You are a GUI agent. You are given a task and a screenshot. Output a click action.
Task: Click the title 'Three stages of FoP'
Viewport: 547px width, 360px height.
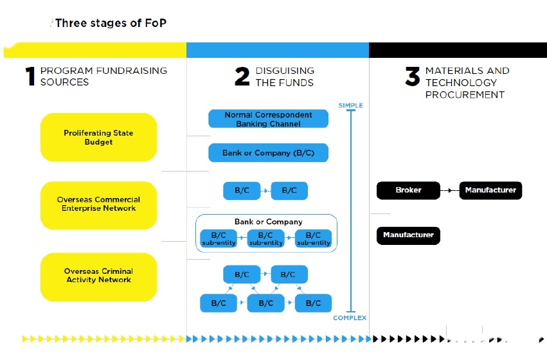tap(111, 23)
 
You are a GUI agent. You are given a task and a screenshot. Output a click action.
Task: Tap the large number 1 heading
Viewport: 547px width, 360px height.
tap(30, 76)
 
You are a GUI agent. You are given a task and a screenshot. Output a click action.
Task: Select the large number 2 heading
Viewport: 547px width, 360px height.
tap(242, 76)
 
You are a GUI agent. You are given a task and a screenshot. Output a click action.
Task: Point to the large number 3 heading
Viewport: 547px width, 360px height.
tap(412, 76)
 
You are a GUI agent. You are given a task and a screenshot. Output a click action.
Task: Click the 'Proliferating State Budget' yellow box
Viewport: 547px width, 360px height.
tap(98, 138)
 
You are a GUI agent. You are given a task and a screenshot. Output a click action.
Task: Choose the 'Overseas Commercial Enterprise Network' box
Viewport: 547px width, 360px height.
tap(98, 205)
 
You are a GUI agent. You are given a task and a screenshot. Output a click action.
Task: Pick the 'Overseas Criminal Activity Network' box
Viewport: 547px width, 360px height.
tap(98, 276)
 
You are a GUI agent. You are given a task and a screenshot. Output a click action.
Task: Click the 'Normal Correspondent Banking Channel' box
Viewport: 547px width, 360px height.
tap(268, 119)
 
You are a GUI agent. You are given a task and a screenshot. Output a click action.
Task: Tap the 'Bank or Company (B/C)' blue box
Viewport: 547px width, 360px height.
tap(268, 153)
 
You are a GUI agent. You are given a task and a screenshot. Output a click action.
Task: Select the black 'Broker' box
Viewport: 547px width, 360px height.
tap(408, 190)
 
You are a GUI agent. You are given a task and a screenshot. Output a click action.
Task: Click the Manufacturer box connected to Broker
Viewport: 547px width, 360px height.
tap(490, 190)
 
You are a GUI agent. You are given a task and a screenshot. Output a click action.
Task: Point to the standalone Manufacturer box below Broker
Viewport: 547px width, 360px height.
tap(408, 235)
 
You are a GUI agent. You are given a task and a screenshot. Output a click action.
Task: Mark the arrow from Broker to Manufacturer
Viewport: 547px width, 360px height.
tap(449, 190)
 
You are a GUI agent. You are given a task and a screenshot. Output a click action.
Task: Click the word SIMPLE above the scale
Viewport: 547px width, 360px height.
tap(350, 105)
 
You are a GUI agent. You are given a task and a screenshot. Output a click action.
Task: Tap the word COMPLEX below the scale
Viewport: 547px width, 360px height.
tap(350, 318)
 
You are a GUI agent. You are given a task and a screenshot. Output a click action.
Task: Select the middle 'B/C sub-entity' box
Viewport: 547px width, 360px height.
tap(265, 239)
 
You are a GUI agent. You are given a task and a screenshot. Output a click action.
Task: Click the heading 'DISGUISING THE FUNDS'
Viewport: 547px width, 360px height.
tap(285, 76)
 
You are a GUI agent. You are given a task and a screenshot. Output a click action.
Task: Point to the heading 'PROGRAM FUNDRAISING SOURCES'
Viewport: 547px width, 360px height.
tap(103, 76)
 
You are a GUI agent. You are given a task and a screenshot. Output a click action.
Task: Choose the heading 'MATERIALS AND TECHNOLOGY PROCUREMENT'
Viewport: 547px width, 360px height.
tap(466, 82)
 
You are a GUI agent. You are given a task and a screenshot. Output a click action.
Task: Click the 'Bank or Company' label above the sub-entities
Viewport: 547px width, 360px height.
tap(268, 222)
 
